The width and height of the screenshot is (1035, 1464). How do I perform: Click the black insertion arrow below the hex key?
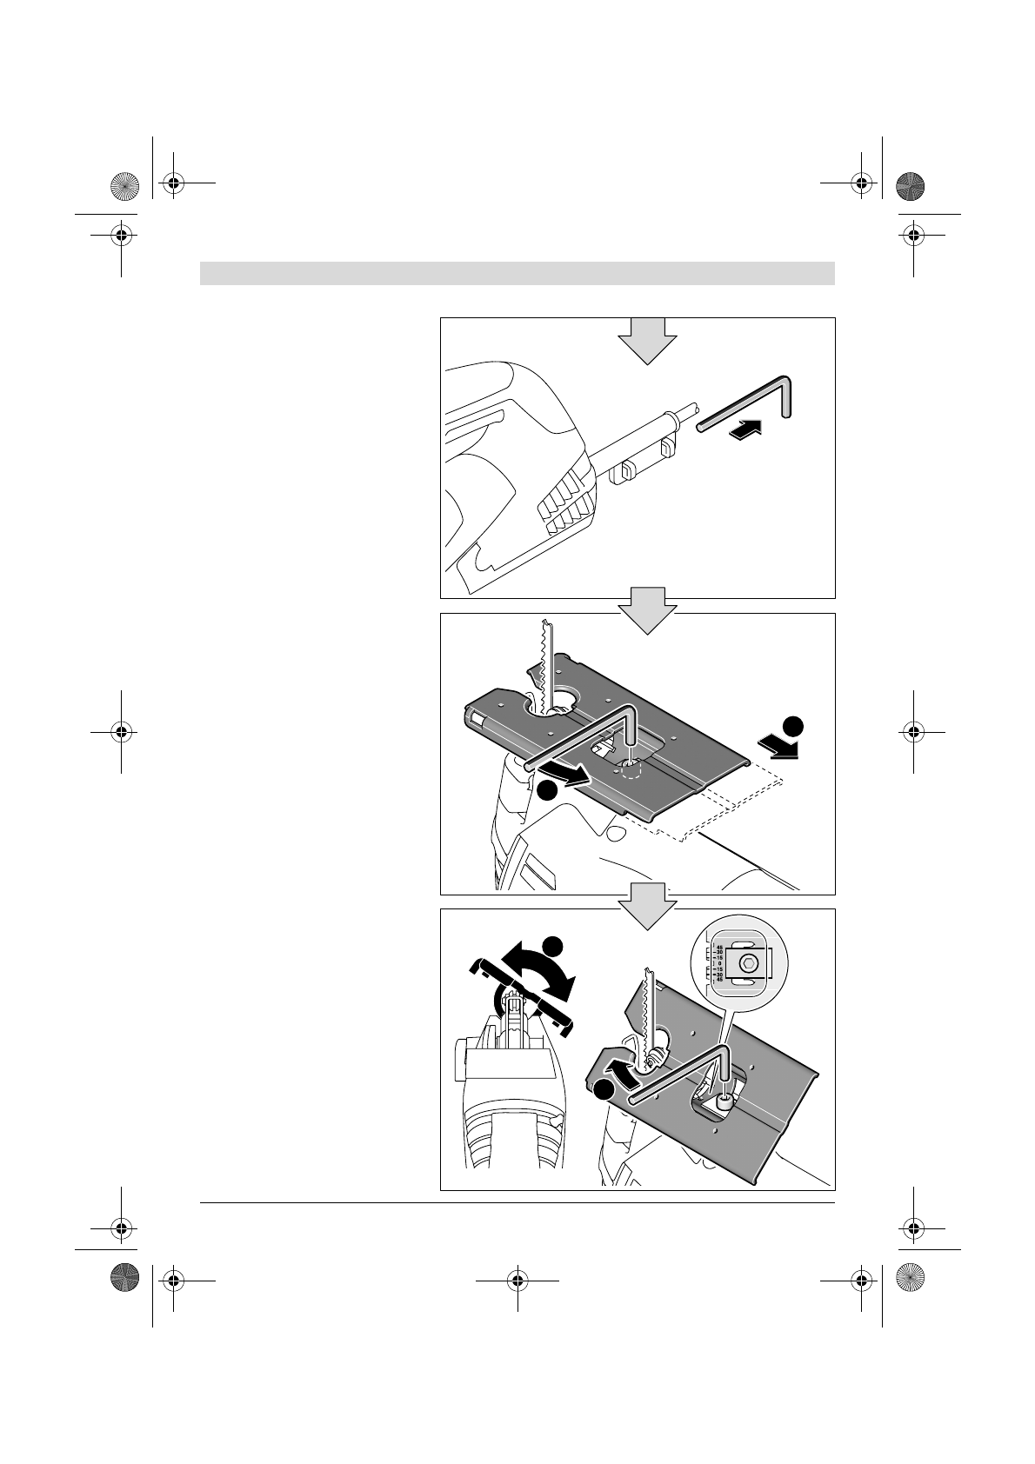click(x=746, y=429)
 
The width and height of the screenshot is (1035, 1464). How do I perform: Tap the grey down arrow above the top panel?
click(x=647, y=339)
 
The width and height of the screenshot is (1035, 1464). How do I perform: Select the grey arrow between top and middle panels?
click(x=647, y=609)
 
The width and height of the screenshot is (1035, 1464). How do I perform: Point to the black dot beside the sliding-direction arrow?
click(x=791, y=726)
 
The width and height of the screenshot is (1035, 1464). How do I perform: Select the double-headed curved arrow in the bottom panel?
click(x=539, y=974)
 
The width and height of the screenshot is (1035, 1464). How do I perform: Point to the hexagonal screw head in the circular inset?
click(x=747, y=963)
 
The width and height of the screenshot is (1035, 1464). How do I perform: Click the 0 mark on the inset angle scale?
click(x=719, y=963)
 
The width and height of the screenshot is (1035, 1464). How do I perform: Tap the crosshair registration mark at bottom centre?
click(x=517, y=1280)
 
